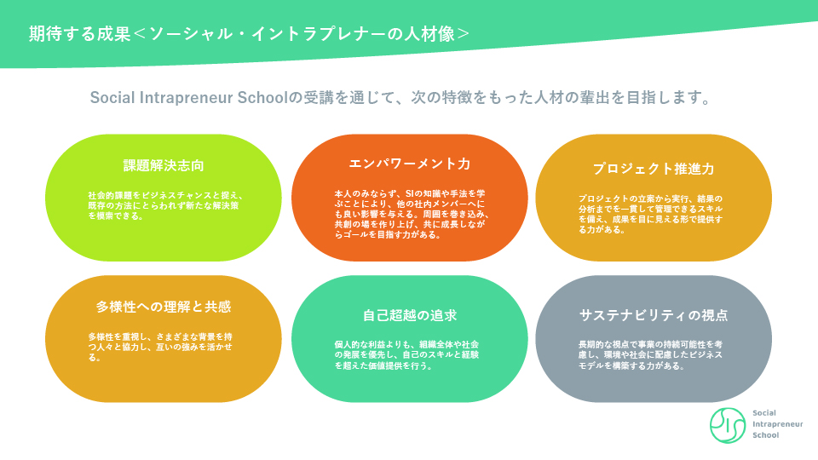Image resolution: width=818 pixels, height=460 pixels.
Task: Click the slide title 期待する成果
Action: tap(79, 34)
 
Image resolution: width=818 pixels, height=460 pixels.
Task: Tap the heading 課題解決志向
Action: tap(164, 166)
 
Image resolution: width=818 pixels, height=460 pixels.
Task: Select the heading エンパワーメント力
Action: tap(410, 164)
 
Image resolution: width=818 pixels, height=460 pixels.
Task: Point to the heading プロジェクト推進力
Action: tap(654, 169)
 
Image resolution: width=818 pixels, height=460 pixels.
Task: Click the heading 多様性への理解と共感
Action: tap(164, 307)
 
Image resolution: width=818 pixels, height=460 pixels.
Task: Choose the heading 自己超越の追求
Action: tap(410, 315)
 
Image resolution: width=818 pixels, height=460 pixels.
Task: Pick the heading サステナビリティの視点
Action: tap(654, 315)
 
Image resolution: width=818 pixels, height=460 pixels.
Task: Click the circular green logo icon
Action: tap(727, 425)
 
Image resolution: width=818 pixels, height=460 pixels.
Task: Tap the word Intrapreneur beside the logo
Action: tap(777, 424)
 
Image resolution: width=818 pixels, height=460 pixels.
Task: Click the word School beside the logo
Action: tap(765, 435)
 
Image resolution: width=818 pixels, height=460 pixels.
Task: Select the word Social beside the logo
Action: tap(763, 412)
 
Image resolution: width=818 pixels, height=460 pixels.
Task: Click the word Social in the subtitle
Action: tap(112, 97)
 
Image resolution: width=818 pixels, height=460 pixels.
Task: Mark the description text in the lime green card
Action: tap(165, 205)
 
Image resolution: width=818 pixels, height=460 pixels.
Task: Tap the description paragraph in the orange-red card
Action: tap(412, 214)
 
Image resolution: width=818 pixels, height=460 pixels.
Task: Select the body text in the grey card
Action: tap(650, 354)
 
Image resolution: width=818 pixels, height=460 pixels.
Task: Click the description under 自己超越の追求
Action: tap(407, 354)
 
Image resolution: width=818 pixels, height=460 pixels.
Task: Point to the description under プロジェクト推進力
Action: tap(650, 214)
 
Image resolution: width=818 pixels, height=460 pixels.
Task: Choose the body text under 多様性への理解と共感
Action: tap(160, 347)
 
